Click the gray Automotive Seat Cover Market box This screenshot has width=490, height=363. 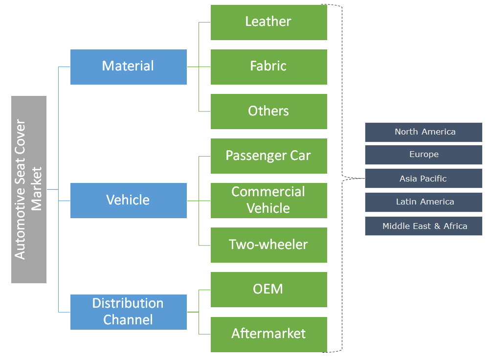click(29, 189)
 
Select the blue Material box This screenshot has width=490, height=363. click(128, 67)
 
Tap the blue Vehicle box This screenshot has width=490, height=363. click(128, 200)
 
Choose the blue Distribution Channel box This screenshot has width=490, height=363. click(128, 312)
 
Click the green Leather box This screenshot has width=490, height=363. click(268, 22)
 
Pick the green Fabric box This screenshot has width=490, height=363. click(268, 67)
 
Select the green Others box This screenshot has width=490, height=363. click(268, 111)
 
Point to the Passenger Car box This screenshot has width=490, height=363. click(268, 156)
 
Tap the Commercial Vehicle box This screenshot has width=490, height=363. click(268, 200)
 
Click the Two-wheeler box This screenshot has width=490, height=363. click(268, 245)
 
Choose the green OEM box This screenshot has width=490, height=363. click(268, 289)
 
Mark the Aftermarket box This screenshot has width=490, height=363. click(268, 334)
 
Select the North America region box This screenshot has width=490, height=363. click(423, 132)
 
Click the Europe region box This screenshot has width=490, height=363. click(423, 155)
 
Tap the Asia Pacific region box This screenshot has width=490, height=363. click(423, 179)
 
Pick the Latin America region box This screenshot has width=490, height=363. click(423, 202)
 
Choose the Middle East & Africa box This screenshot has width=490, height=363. click(423, 226)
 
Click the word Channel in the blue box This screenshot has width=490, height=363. click(128, 320)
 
